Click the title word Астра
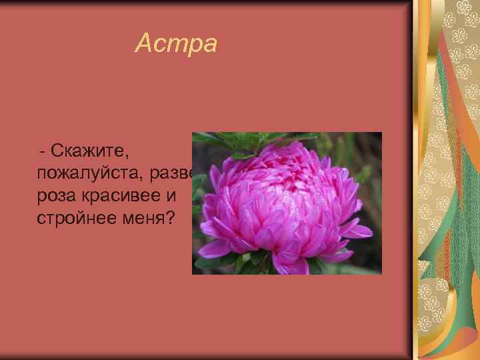point(176,44)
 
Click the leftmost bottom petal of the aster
point(215,249)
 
